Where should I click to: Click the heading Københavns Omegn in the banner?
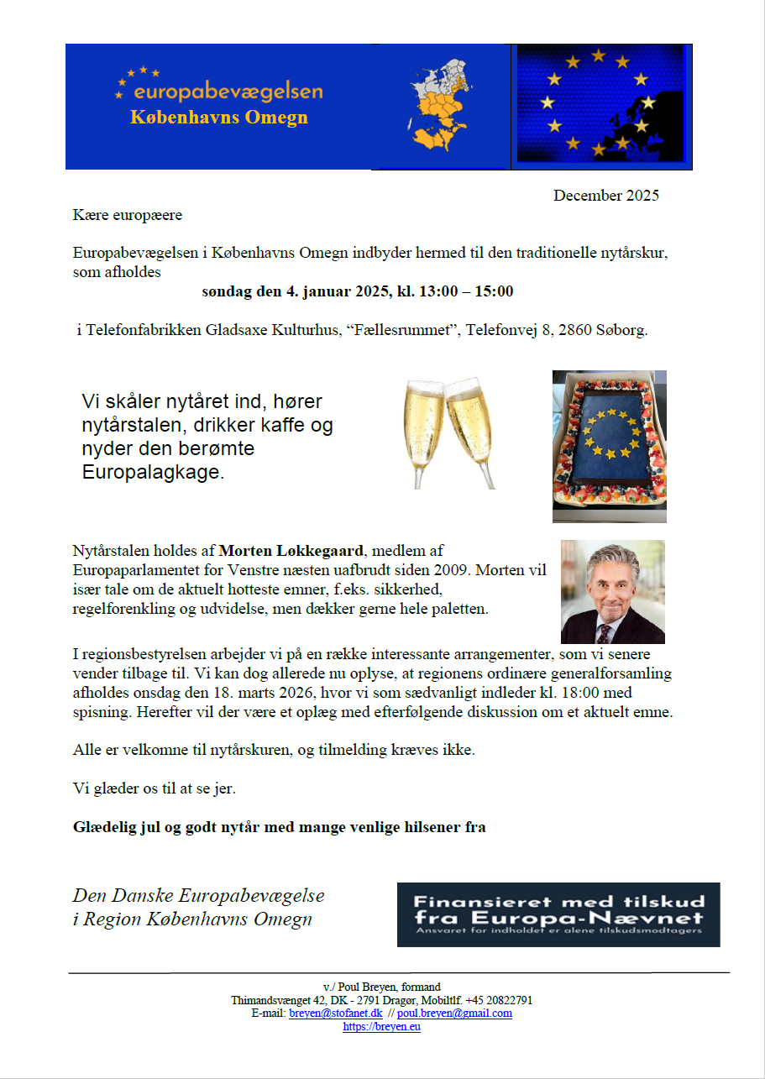pos(218,118)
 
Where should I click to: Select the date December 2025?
pos(605,196)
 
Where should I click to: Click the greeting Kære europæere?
pos(127,215)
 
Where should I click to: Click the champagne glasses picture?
pos(451,432)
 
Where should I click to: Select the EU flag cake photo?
pos(609,446)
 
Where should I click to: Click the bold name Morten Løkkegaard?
pos(292,552)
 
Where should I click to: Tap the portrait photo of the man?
pos(612,591)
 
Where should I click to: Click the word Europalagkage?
pos(154,473)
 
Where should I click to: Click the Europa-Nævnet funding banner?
pos(558,914)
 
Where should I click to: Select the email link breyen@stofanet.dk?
pos(335,1014)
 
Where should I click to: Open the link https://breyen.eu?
pos(382,1027)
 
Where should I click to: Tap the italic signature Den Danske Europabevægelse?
pos(199,896)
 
